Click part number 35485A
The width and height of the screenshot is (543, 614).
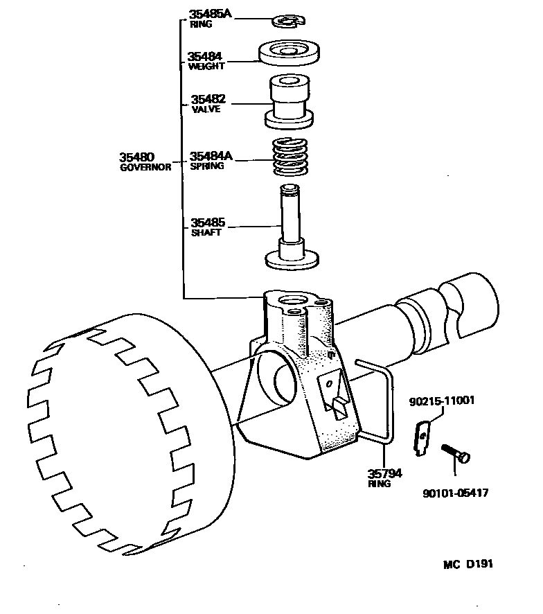210,14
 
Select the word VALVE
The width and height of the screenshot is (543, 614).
205,110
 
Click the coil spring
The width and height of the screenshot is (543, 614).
288,159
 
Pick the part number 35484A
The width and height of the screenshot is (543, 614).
211,157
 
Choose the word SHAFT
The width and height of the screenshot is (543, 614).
206,233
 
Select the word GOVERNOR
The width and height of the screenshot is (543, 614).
145,168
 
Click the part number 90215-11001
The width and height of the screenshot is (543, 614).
443,401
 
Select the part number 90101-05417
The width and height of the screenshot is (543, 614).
455,493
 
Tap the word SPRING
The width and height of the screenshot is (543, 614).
206,167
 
